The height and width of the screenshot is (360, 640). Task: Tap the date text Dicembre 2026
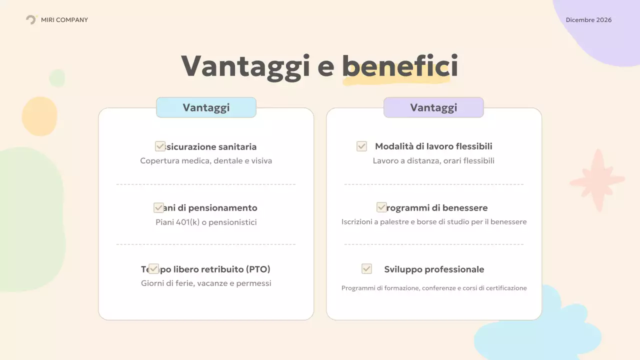pyautogui.click(x=588, y=20)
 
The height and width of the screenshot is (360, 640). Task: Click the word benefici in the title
pyautogui.click(x=400, y=66)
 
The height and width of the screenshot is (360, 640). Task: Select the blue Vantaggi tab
pyautogui.click(x=206, y=107)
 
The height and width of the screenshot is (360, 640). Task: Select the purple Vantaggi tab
pyautogui.click(x=433, y=107)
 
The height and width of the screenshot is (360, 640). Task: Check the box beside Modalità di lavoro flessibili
pyautogui.click(x=361, y=146)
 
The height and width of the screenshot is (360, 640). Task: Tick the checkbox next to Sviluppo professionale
pyautogui.click(x=366, y=269)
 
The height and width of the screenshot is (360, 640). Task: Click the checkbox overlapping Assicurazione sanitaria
pyautogui.click(x=160, y=146)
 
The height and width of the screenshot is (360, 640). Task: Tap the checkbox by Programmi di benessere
pyautogui.click(x=381, y=207)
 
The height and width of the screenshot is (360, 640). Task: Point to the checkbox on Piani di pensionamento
pyautogui.click(x=158, y=207)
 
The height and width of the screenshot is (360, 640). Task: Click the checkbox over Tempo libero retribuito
pyautogui.click(x=153, y=269)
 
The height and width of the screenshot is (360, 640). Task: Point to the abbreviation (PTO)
pyautogui.click(x=258, y=269)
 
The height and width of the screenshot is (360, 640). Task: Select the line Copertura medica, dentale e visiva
pyautogui.click(x=206, y=161)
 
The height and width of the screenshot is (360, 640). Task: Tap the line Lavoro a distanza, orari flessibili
pyautogui.click(x=433, y=161)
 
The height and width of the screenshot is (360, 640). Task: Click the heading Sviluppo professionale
pyautogui.click(x=434, y=269)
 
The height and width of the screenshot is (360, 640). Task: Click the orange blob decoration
pyautogui.click(x=40, y=116)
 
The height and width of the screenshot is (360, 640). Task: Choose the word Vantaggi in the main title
pyautogui.click(x=245, y=66)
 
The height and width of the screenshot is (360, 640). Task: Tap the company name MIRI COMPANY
pyautogui.click(x=64, y=20)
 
